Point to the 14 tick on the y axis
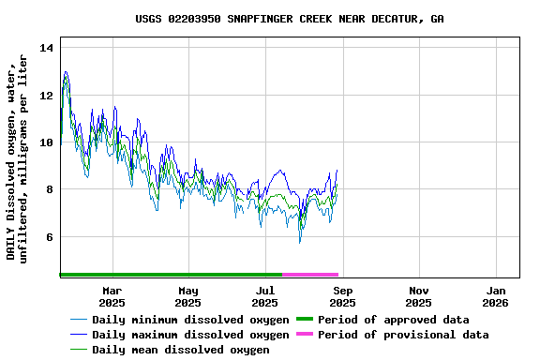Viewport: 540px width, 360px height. [47, 48]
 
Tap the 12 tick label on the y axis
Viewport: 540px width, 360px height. [47, 95]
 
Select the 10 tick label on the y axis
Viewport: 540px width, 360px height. [47, 142]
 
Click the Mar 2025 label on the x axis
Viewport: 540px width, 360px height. [112, 296]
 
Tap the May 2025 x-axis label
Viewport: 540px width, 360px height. [188, 296]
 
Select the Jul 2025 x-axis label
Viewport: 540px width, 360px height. [265, 296]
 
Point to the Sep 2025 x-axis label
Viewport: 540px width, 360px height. [342, 296]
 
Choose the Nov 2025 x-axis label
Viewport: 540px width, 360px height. [419, 296]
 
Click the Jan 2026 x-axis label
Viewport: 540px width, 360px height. [496, 296]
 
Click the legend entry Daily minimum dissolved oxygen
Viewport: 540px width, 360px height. [190, 320]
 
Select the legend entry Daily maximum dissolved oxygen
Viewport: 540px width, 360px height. [190, 335]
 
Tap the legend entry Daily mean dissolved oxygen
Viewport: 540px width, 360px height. [181, 350]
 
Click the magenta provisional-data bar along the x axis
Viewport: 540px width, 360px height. [310, 275]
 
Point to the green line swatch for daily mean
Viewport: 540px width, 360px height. [79, 350]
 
